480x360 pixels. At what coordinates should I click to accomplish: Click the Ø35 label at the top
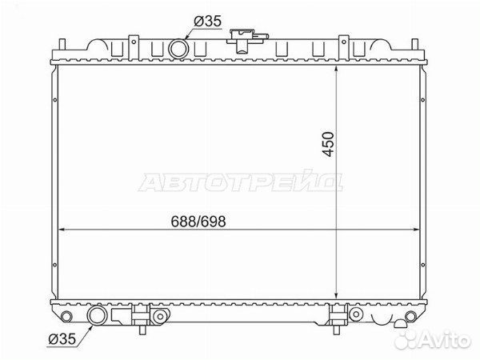pos(207,22)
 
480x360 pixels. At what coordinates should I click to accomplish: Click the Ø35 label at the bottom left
pos(62,339)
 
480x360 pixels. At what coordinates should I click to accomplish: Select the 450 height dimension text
pos(328,144)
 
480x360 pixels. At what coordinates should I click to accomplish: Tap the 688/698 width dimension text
pos(198,222)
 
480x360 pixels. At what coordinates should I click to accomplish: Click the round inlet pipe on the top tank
pos(178,49)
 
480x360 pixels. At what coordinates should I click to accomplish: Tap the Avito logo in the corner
pos(432,339)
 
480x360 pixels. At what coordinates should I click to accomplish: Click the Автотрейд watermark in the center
pos(241,182)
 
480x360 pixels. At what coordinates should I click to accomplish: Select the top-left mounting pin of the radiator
pos(62,45)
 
